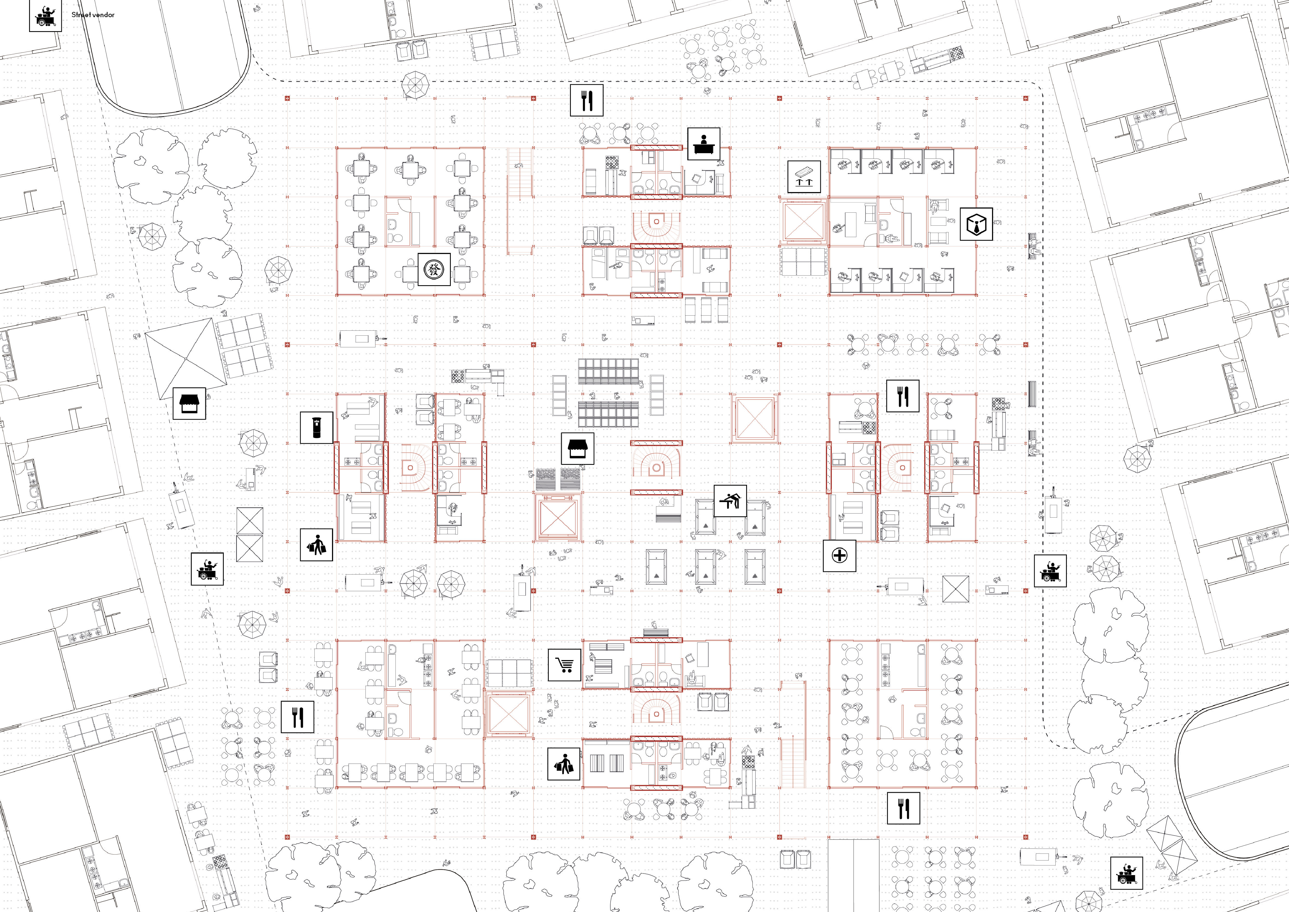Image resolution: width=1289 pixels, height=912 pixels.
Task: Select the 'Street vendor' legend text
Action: [93, 15]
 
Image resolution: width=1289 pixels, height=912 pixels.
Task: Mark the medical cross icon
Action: [839, 556]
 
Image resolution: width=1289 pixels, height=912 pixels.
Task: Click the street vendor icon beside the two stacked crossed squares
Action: [207, 569]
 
